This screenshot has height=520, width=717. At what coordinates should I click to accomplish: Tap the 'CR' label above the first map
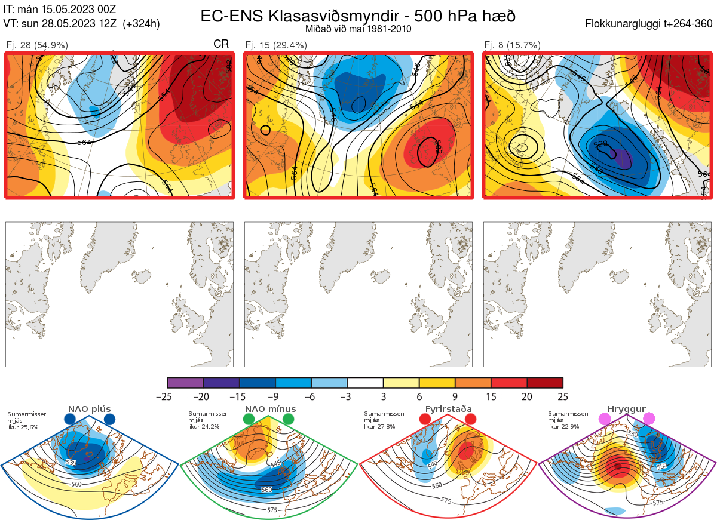point(221,44)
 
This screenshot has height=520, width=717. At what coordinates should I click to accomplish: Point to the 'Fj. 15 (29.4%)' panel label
point(276,45)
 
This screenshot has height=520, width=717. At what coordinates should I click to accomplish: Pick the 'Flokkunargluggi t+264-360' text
point(649,24)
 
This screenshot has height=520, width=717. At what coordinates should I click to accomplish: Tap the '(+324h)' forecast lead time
point(141,24)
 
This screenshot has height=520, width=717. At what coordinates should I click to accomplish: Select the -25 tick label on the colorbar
point(168,396)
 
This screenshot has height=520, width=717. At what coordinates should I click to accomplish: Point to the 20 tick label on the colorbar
point(527,396)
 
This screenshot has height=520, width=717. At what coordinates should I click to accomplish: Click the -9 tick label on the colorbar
point(275,396)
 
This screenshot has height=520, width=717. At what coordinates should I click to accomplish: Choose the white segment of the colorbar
point(365,383)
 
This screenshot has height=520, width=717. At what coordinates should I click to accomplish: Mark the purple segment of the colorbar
point(185,383)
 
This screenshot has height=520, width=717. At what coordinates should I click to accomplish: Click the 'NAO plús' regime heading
point(89,409)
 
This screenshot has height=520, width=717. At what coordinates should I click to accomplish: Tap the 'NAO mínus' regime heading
point(270,409)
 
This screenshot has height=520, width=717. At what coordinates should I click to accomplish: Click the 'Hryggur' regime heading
point(626,409)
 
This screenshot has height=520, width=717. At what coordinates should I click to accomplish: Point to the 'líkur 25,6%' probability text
point(23,427)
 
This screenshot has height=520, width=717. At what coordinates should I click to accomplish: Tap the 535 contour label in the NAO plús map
point(71,462)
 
